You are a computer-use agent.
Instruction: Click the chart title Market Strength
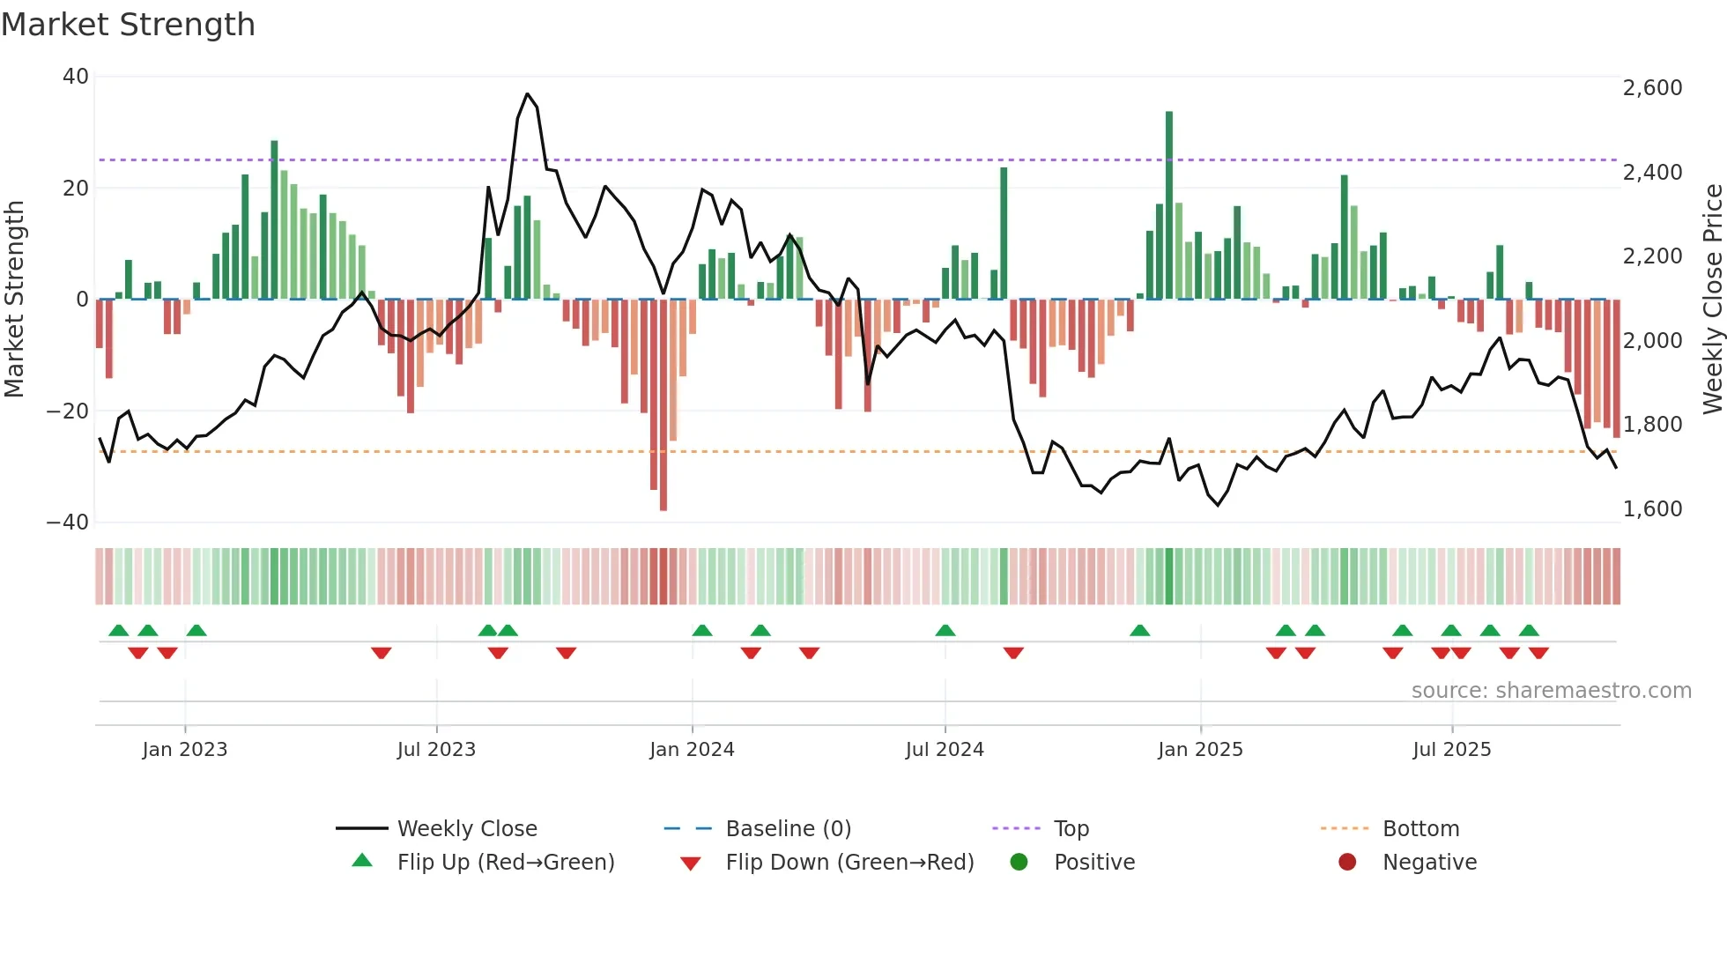pyautogui.click(x=128, y=25)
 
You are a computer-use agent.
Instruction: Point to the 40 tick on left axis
pyautogui.click(x=76, y=77)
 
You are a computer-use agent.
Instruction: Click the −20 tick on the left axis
pyautogui.click(x=68, y=411)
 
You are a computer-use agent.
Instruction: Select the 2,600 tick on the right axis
pyautogui.click(x=1652, y=88)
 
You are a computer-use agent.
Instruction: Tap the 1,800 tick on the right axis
pyautogui.click(x=1652, y=425)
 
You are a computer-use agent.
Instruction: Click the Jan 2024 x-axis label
pyautogui.click(x=692, y=750)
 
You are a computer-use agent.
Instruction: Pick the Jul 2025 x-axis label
pyautogui.click(x=1451, y=750)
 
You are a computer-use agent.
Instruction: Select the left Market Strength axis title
pyautogui.click(x=14, y=300)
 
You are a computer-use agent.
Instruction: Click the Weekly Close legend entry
pyautogui.click(x=467, y=829)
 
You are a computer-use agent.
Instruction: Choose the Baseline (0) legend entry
pyautogui.click(x=788, y=829)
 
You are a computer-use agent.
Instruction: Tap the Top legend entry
pyautogui.click(x=1071, y=829)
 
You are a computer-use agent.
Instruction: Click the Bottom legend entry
pyautogui.click(x=1420, y=829)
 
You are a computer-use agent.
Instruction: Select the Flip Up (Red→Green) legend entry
pyautogui.click(x=505, y=863)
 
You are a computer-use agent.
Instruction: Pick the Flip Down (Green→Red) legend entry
pyautogui.click(x=849, y=863)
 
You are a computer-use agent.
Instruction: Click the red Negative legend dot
pyautogui.click(x=1347, y=862)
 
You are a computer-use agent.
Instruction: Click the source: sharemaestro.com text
pyautogui.click(x=1551, y=691)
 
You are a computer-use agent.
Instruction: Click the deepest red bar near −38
pyautogui.click(x=663, y=405)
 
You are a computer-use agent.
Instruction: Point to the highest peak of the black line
pyautogui.click(x=527, y=94)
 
